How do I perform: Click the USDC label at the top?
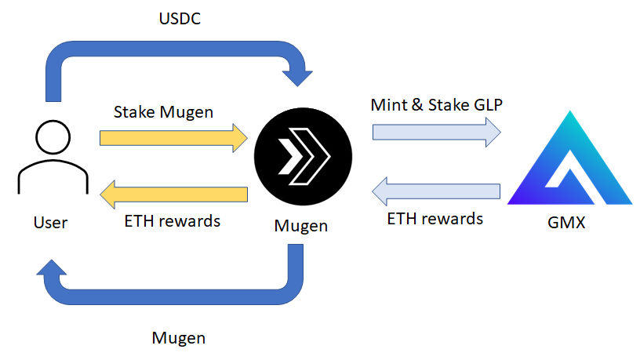point(180,16)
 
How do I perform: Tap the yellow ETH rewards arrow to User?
point(173,193)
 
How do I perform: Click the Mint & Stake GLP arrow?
point(435,129)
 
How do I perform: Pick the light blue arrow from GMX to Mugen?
point(435,191)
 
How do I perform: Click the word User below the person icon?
point(50,223)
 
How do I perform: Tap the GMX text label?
point(566,224)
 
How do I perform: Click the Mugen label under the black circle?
point(301,226)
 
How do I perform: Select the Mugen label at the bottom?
point(178,339)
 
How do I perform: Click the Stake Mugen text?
point(163,112)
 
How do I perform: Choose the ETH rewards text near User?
point(173,220)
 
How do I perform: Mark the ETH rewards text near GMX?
point(435,218)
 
